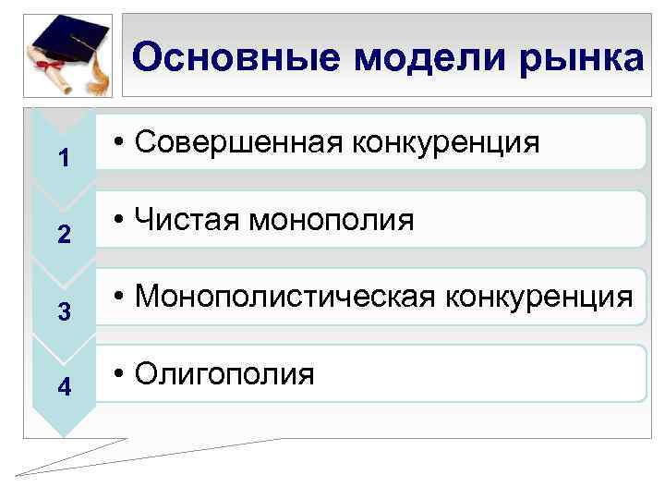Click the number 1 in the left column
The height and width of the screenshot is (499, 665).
click(x=64, y=159)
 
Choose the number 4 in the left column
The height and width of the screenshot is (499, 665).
click(x=64, y=388)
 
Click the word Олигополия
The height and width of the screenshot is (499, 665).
click(x=224, y=374)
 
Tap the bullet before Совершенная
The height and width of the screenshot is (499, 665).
click(x=120, y=143)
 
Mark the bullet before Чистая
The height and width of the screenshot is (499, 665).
click(x=120, y=221)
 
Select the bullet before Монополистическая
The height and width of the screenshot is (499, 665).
click(x=120, y=298)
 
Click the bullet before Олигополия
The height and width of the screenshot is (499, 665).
click(x=120, y=374)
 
